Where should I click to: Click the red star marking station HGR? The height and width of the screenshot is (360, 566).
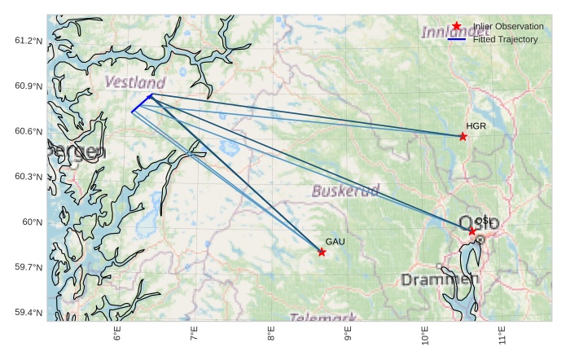[x=463, y=136]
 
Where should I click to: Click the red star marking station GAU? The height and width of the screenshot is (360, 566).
[x=322, y=252]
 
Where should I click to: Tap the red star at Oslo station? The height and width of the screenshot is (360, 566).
[x=472, y=231]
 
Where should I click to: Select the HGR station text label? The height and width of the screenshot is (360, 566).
[x=476, y=126]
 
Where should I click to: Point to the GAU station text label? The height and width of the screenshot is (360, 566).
[x=335, y=242]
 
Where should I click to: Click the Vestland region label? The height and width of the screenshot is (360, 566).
[x=135, y=83]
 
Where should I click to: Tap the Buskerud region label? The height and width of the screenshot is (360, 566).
[x=345, y=191]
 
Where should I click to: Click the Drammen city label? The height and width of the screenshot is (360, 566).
[x=440, y=280]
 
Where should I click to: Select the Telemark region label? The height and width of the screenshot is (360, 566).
[x=322, y=317]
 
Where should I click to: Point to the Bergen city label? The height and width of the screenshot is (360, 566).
[x=76, y=151]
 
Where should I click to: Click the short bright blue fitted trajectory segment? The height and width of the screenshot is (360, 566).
[x=141, y=103]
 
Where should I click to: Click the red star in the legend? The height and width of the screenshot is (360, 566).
[x=457, y=27]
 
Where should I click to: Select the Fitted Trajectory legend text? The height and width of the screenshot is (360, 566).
[x=505, y=39]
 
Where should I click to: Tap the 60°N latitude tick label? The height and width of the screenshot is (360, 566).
[x=32, y=222]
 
